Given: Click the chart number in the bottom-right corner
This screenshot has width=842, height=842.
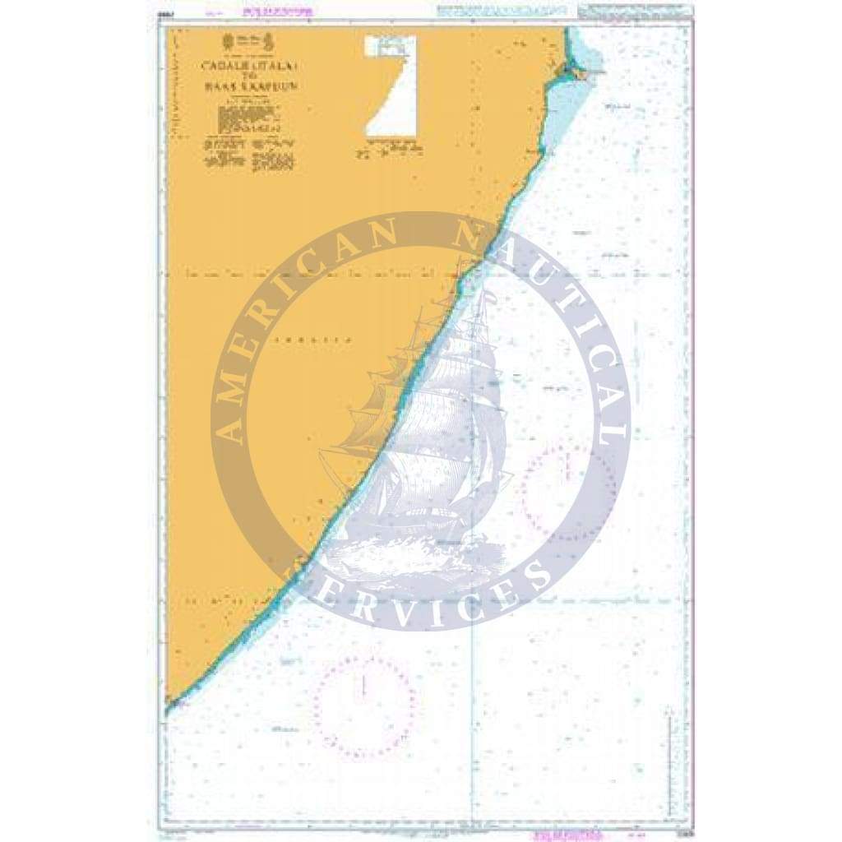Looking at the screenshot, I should tap(676, 827).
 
